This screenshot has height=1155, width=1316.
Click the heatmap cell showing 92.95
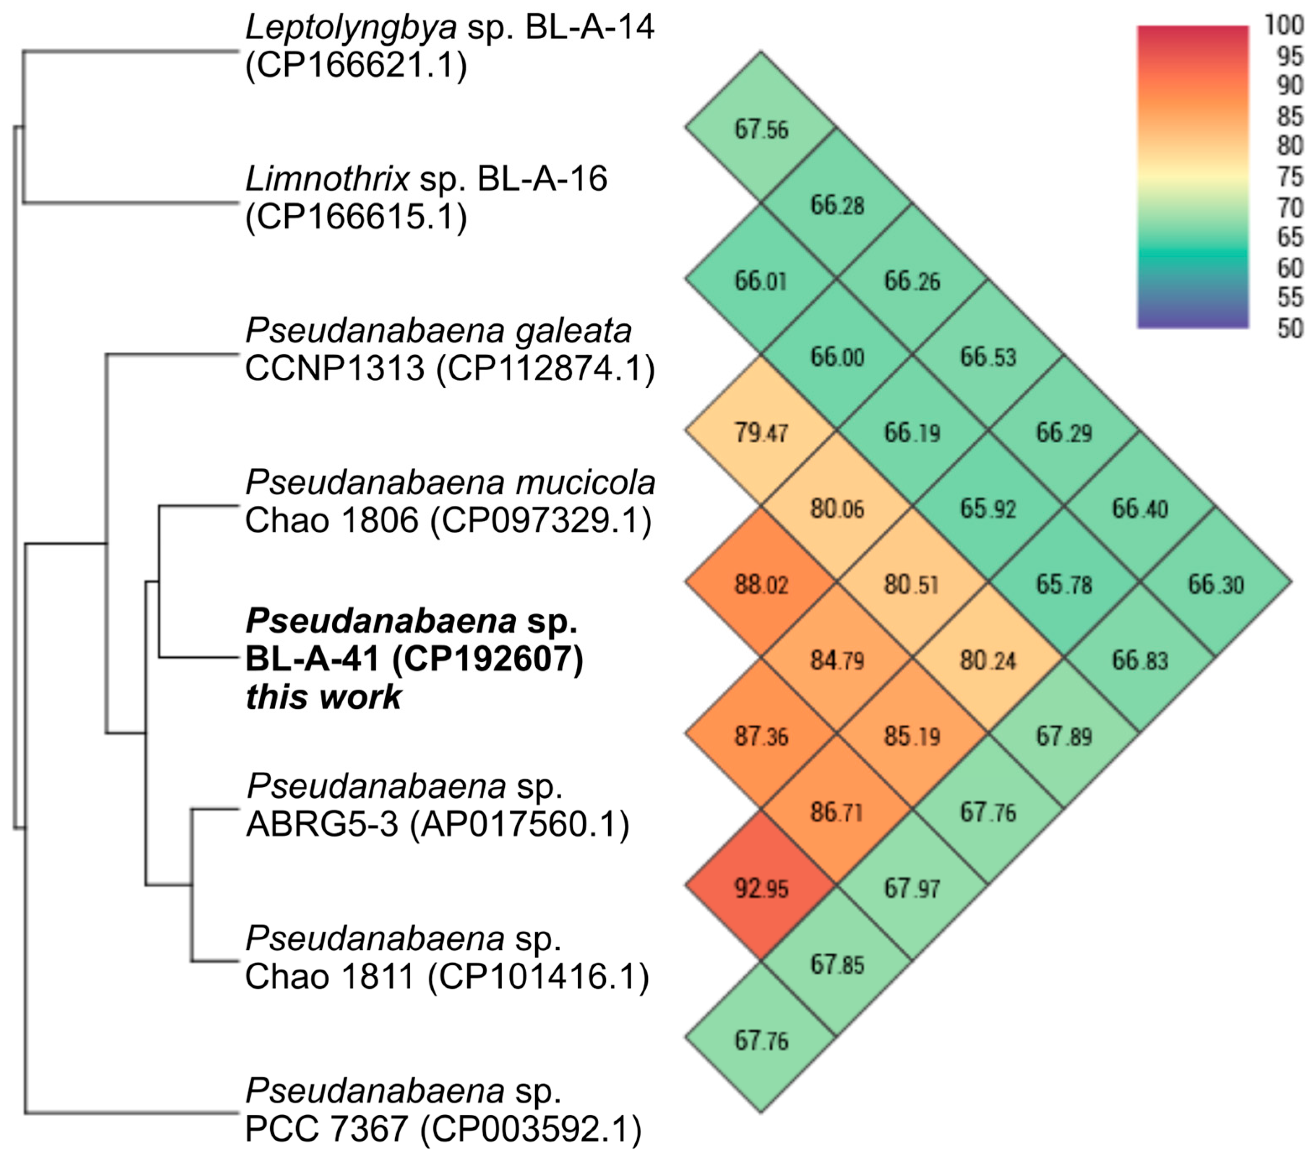tap(761, 888)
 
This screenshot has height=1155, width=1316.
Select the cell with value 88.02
tap(761, 584)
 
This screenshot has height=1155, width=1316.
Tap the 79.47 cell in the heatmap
tap(761, 432)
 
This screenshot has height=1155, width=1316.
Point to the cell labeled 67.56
tap(761, 129)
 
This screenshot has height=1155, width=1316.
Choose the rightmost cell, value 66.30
tap(1216, 584)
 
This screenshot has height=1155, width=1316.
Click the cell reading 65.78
tap(1063, 584)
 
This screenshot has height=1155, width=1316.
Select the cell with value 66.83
tap(1139, 660)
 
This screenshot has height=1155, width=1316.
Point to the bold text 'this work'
tap(323, 697)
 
